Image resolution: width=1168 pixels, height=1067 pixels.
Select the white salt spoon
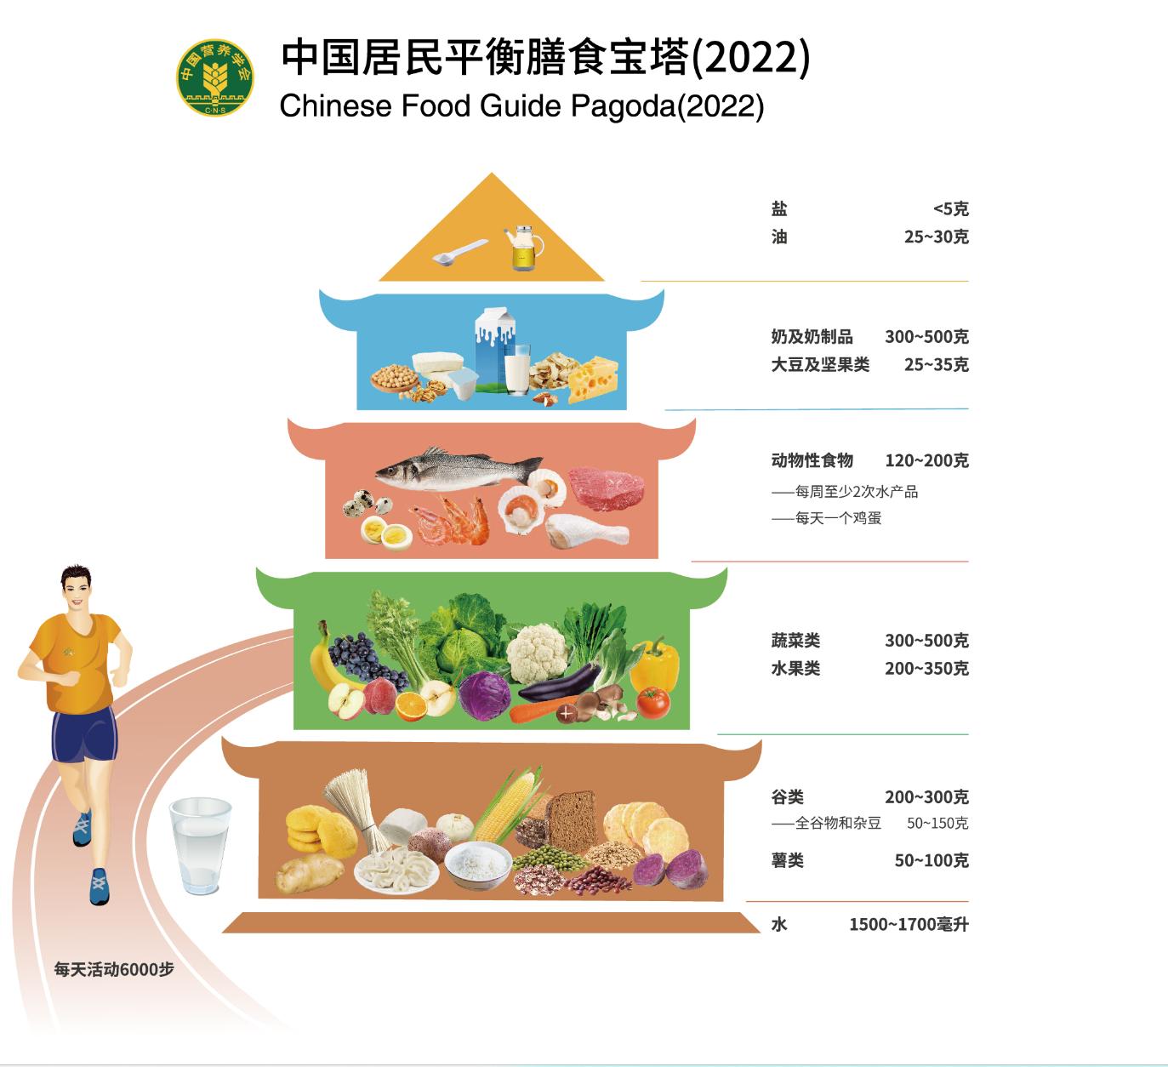click(458, 252)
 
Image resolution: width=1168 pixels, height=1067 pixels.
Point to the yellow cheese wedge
click(594, 379)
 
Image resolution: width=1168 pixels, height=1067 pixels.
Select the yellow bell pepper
click(654, 665)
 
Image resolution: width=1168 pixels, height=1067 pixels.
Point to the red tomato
click(653, 702)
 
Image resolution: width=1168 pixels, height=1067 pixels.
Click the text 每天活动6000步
click(114, 969)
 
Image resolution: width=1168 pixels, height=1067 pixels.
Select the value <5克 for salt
click(950, 209)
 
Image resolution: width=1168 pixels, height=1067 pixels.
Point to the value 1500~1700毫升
click(908, 925)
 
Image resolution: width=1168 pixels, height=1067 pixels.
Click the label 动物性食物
click(812, 461)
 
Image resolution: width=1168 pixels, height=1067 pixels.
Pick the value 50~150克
click(937, 824)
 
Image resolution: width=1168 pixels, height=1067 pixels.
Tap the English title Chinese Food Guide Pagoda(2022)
click(521, 106)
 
